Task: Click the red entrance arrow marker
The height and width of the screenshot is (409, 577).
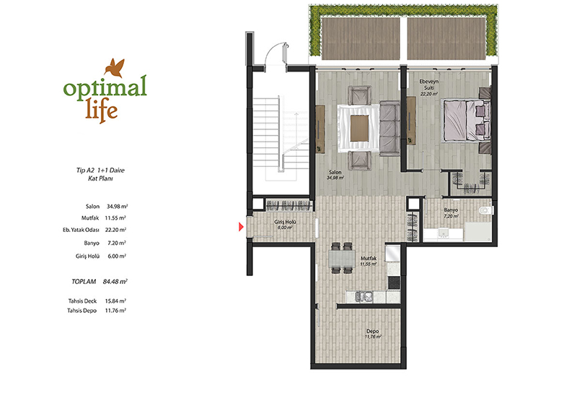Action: tap(241, 227)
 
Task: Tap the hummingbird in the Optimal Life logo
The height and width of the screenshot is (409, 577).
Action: tap(115, 68)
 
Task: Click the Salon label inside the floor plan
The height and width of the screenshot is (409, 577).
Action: tap(335, 172)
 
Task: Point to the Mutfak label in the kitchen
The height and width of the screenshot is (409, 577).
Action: tap(369, 259)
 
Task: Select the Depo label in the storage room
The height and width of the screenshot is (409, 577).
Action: tap(372, 331)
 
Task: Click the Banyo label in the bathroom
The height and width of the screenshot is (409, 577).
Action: tap(451, 210)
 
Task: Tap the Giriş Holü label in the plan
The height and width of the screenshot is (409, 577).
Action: tap(285, 222)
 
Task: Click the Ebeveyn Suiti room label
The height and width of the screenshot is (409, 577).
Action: tap(429, 85)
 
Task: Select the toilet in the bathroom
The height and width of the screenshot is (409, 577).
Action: tap(485, 210)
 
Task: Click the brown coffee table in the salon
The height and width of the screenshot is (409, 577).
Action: tap(359, 129)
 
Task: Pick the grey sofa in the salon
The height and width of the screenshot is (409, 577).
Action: tap(389, 128)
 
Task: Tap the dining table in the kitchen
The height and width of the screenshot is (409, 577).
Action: tap(342, 258)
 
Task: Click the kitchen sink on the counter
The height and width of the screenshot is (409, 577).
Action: tap(364, 297)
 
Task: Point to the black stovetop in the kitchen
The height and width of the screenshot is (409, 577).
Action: tap(394, 282)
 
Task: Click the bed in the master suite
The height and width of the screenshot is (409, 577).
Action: tap(467, 120)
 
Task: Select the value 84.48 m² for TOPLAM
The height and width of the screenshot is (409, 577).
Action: tap(115, 281)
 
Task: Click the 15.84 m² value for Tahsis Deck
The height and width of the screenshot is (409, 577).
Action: tap(115, 301)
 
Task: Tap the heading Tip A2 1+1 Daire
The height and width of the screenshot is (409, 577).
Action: tap(100, 170)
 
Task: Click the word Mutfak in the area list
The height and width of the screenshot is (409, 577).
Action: tap(90, 218)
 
